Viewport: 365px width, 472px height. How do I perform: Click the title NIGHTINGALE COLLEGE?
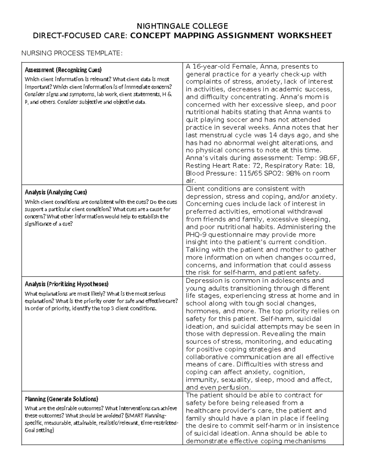point(182,26)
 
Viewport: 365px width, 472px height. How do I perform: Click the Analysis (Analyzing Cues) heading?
point(56,192)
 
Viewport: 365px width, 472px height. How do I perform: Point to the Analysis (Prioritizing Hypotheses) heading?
point(66,284)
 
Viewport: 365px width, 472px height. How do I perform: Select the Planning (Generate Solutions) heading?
point(61,399)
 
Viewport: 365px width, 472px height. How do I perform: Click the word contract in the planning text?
point(297,395)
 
